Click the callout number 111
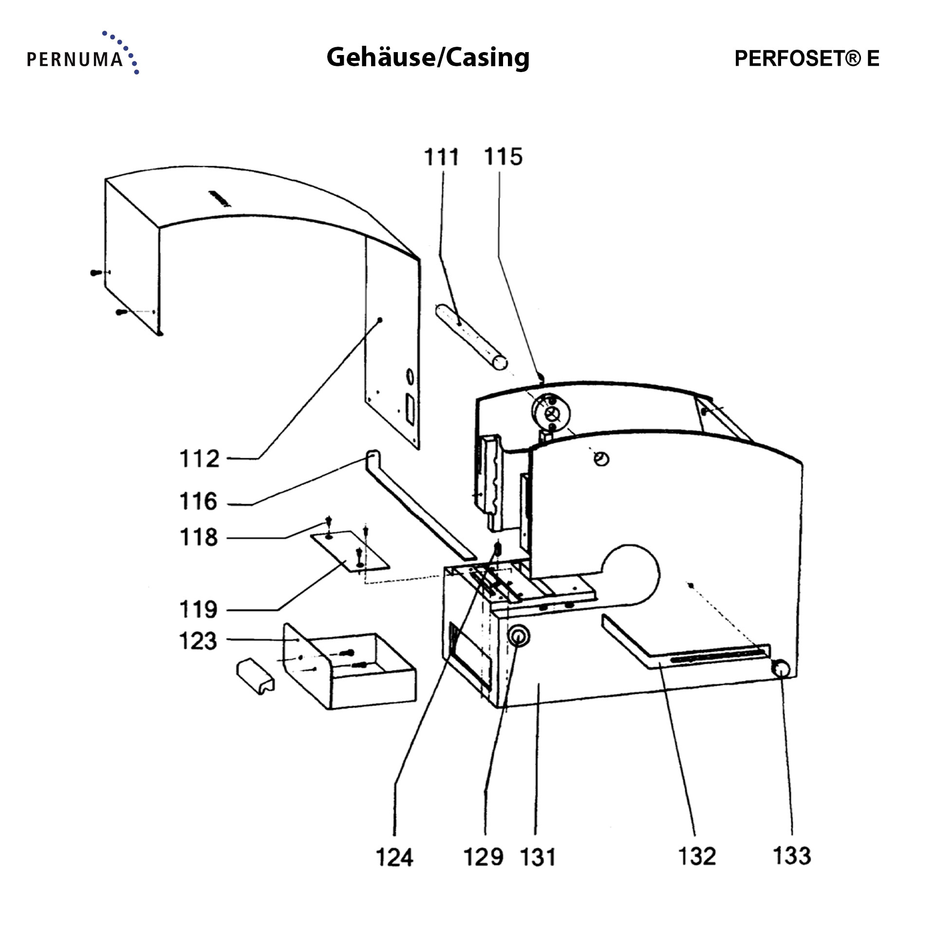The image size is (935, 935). click(x=441, y=157)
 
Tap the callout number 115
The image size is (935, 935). click(x=503, y=157)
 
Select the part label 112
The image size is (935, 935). click(x=200, y=459)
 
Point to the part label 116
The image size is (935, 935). click(x=198, y=501)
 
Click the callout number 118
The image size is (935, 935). click(x=198, y=537)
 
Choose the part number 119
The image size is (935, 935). click(x=198, y=609)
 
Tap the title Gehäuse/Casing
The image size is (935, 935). click(x=428, y=57)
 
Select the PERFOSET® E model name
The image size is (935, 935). click(x=806, y=58)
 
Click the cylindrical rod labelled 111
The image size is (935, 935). click(x=471, y=337)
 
